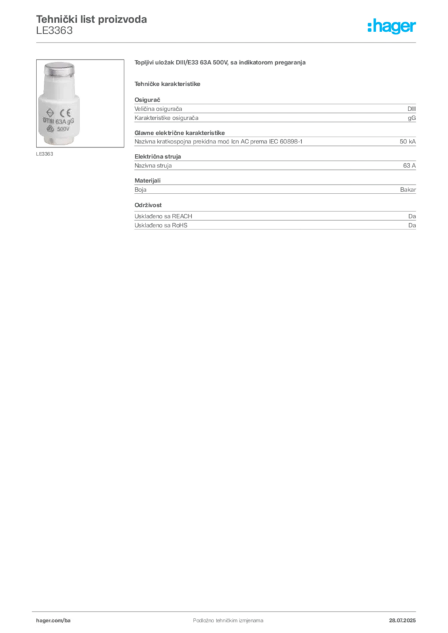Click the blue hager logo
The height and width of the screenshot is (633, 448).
click(x=392, y=27)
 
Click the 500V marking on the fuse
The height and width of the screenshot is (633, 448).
click(x=64, y=130)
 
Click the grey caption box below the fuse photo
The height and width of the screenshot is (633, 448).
click(x=44, y=154)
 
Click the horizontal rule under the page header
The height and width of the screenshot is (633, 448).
click(x=228, y=41)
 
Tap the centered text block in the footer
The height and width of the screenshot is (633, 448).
click(x=220, y=616)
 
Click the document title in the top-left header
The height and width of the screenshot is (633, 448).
click(x=91, y=20)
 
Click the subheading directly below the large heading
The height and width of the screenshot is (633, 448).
click(x=168, y=84)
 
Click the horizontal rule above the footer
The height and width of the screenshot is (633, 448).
click(x=228, y=608)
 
